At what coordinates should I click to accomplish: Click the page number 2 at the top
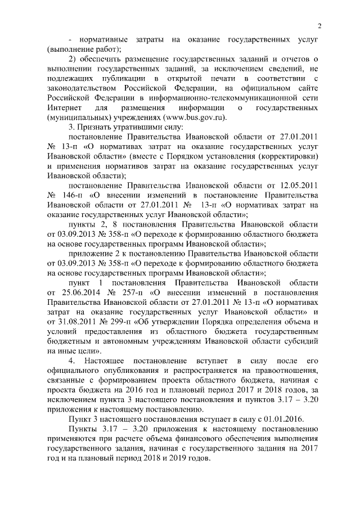pos(319,25)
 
